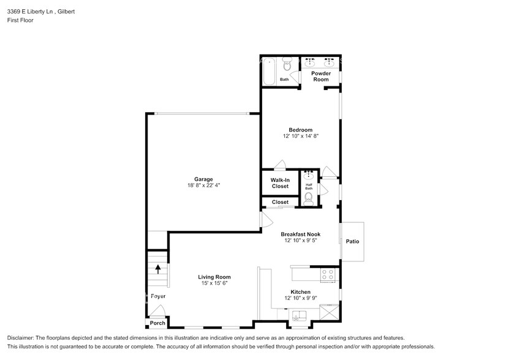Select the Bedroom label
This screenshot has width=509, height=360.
301,130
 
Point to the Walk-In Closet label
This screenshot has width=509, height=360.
280,183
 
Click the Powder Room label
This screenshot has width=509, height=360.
321,77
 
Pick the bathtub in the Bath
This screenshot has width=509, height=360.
268,70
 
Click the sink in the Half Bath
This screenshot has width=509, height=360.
309,176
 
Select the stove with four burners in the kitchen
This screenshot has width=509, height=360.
328,276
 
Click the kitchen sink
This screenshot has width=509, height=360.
300,316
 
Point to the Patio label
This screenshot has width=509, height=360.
352,241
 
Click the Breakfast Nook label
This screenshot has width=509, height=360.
301,234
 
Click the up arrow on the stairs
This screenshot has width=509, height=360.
159,268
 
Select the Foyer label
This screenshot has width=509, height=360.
158,296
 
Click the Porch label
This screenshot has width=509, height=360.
157,323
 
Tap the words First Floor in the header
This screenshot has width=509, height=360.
20,20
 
